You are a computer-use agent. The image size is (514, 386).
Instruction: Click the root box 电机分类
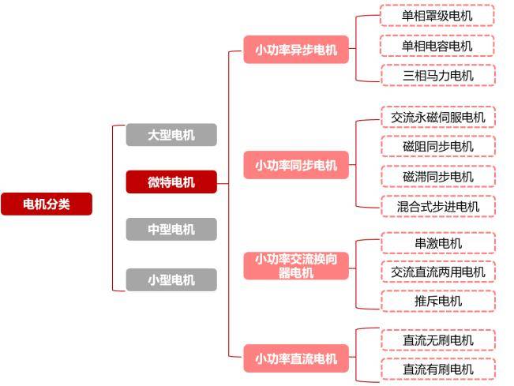pyautogui.click(x=47, y=204)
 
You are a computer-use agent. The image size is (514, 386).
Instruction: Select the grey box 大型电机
pyautogui.click(x=171, y=135)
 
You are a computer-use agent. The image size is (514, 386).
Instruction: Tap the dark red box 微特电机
pyautogui.click(x=171, y=182)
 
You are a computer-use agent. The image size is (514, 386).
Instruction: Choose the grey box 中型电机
pyautogui.click(x=171, y=230)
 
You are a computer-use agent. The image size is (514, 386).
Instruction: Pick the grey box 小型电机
pyautogui.click(x=171, y=279)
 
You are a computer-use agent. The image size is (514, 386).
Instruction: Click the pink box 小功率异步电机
pyautogui.click(x=296, y=51)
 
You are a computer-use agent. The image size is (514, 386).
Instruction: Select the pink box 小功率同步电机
pyautogui.click(x=296, y=166)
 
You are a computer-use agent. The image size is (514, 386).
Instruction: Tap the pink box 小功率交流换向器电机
pyautogui.click(x=296, y=265)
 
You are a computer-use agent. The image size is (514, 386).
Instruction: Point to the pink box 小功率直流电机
pyautogui.click(x=296, y=359)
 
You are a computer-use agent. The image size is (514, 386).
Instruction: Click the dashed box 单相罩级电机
pyautogui.click(x=437, y=16)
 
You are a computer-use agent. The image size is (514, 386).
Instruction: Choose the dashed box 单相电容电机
pyautogui.click(x=437, y=46)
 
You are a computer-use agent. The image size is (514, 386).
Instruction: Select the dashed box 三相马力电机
pyautogui.click(x=437, y=76)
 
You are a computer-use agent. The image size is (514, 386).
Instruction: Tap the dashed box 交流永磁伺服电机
pyautogui.click(x=437, y=118)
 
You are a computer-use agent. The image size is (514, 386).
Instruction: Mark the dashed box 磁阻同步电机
pyautogui.click(x=437, y=147)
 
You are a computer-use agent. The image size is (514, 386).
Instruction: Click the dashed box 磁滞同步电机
pyautogui.click(x=437, y=177)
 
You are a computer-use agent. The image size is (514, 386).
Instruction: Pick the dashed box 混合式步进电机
pyautogui.click(x=437, y=207)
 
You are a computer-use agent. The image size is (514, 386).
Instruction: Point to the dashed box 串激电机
pyautogui.click(x=437, y=243)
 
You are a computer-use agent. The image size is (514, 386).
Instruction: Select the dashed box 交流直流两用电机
pyautogui.click(x=437, y=272)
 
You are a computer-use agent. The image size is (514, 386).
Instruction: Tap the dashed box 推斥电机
pyautogui.click(x=437, y=301)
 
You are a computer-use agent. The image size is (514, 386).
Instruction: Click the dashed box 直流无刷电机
pyautogui.click(x=437, y=340)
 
